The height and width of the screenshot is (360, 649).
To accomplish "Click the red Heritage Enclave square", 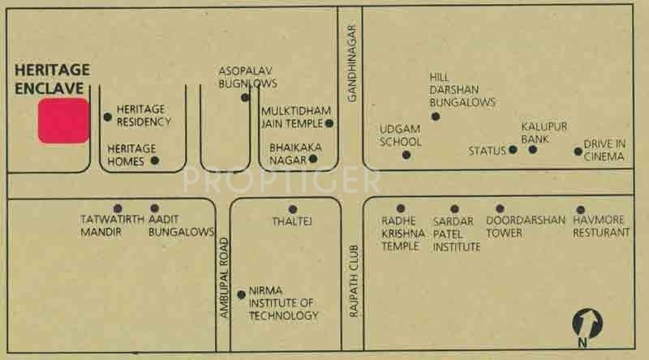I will coord(64,121).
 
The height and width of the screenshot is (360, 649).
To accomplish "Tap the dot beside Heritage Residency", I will coord(108,117).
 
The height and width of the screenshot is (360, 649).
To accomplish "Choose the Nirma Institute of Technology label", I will coord(283,303).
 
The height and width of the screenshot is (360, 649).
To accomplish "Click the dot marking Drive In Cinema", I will coord(578,151).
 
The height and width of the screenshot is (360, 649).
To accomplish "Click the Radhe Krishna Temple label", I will coord(400,233).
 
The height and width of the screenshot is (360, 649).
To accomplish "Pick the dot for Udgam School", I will coord(406,155).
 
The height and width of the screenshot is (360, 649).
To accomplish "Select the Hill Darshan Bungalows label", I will coord(462,90).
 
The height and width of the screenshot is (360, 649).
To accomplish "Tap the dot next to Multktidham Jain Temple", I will coord(329,123).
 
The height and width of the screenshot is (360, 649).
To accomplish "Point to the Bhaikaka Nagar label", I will coord(289,154).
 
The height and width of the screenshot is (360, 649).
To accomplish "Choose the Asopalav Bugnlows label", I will coord(248,77).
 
